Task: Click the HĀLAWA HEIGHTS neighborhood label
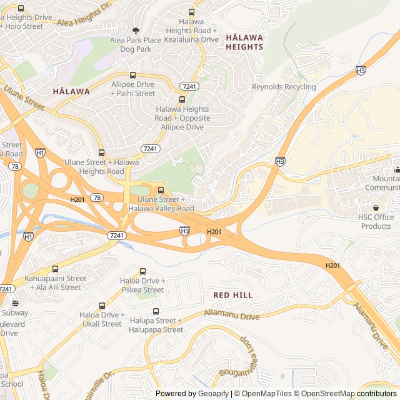244,42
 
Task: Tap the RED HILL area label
232,295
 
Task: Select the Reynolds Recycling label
284,87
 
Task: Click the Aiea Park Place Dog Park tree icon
136,30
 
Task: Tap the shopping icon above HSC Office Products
376,207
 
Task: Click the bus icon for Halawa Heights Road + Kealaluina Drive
191,12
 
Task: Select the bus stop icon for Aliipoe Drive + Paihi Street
132,74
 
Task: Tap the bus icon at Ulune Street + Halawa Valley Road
161,190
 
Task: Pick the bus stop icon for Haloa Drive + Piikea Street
142,271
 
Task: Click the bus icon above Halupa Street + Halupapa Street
156,311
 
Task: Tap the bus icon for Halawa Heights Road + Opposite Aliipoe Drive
182,99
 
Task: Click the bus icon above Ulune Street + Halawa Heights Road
101,152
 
